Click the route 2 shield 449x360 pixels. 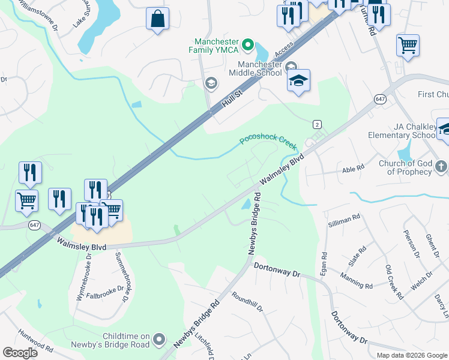tap(317, 124)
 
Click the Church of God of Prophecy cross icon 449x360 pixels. tap(441, 166)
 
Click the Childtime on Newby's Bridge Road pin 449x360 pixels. tap(159, 340)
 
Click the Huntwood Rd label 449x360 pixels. tap(36, 343)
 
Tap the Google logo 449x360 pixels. tap(20, 353)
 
